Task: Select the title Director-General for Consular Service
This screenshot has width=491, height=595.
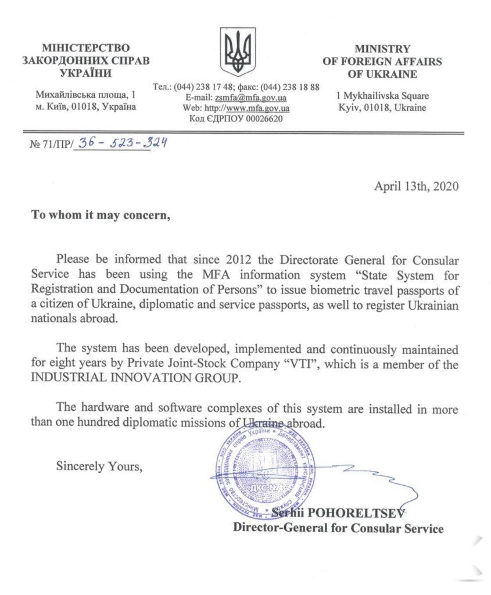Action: point(338,528)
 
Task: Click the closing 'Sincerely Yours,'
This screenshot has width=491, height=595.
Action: point(98,465)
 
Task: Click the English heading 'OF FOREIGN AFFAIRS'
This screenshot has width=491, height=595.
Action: point(382,62)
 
